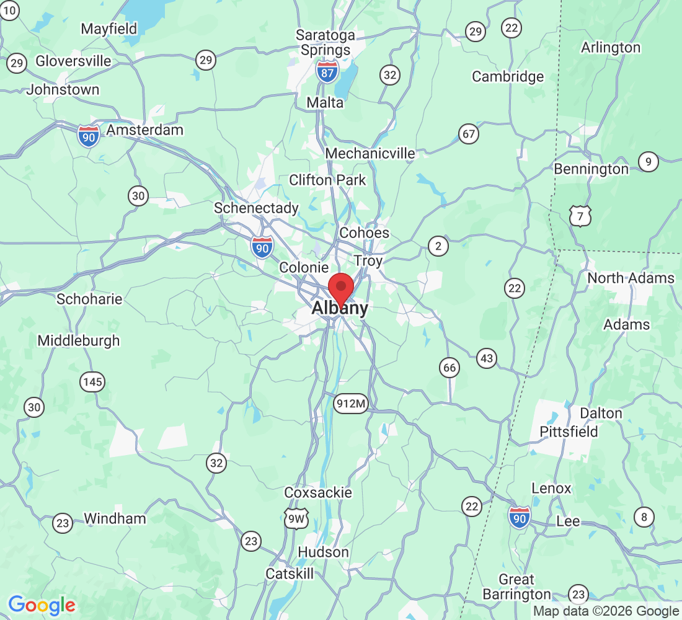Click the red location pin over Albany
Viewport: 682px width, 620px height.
coord(340,288)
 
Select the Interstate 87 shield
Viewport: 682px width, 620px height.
coord(327,71)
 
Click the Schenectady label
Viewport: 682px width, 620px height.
coord(256,208)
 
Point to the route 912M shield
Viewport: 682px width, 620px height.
coord(351,404)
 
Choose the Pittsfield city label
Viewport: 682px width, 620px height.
coord(569,432)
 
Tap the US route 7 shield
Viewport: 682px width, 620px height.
coord(580,216)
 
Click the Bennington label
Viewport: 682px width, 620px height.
coord(591,169)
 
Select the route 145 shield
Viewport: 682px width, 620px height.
coord(92,382)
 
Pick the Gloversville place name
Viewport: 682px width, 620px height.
coord(73,61)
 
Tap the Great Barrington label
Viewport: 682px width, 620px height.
coord(516,587)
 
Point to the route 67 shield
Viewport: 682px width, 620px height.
coord(469,133)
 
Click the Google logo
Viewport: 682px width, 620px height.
coord(42,604)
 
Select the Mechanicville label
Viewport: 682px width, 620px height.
coord(370,153)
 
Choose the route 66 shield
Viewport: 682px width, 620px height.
coord(449,368)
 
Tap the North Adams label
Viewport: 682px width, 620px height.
coord(631,278)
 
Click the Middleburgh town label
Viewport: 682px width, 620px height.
coord(79,340)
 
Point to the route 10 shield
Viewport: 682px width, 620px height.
coord(10,9)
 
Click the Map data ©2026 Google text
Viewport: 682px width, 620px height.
coord(606,611)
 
